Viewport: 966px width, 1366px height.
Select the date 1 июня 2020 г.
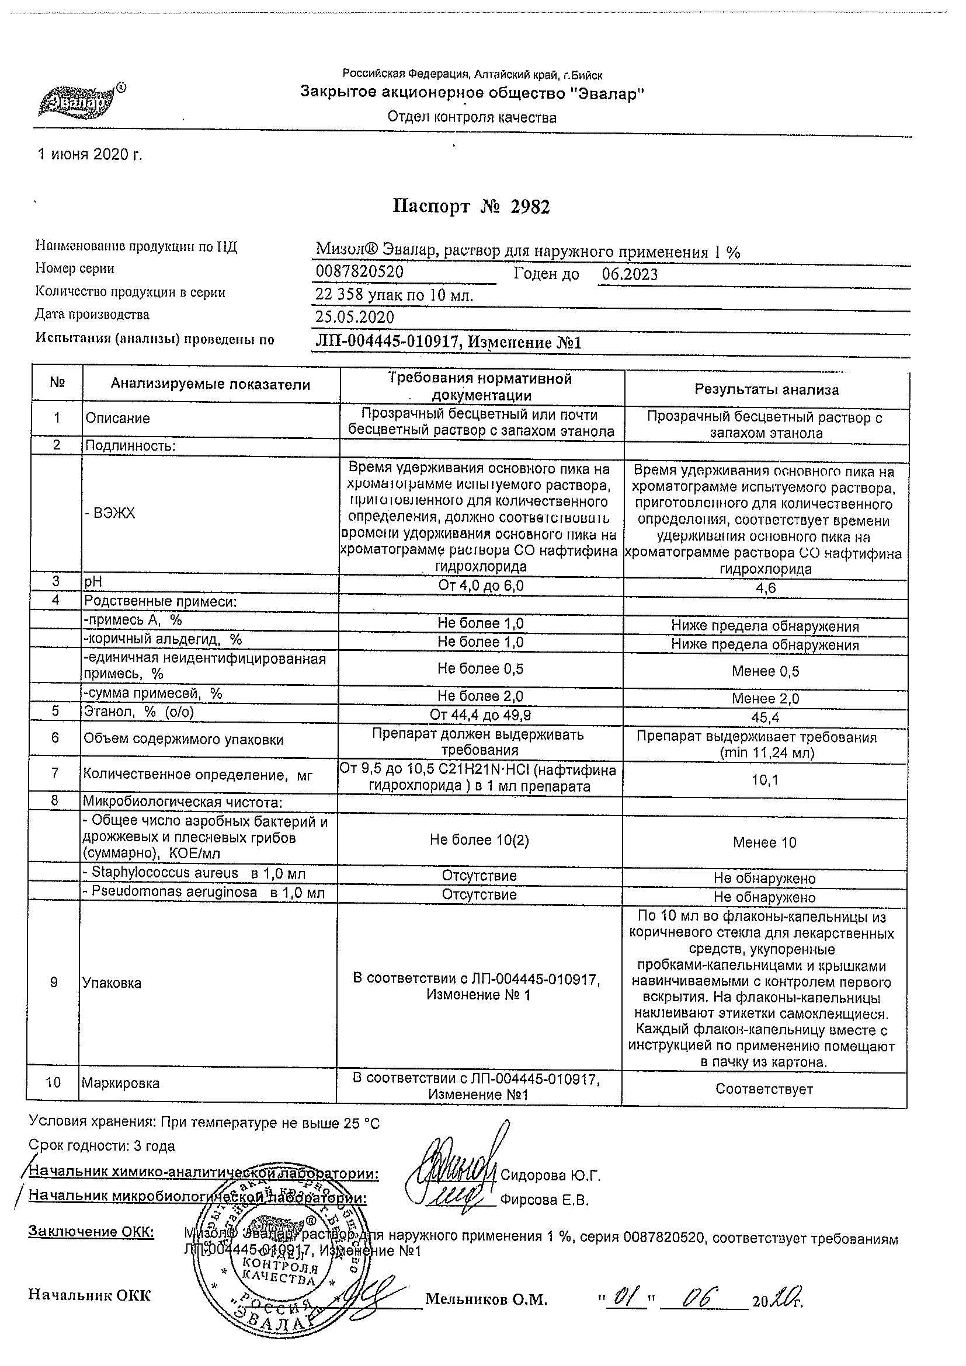(90, 155)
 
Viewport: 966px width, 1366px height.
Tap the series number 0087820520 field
(360, 273)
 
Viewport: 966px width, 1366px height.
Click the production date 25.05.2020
(355, 317)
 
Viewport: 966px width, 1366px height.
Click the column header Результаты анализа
(767, 391)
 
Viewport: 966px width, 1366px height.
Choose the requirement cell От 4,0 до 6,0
(481, 586)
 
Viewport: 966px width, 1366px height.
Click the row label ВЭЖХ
(110, 514)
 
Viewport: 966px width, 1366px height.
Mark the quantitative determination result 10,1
(765, 780)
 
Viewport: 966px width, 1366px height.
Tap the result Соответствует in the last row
(765, 1089)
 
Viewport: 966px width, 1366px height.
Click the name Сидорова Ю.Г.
(551, 1175)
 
